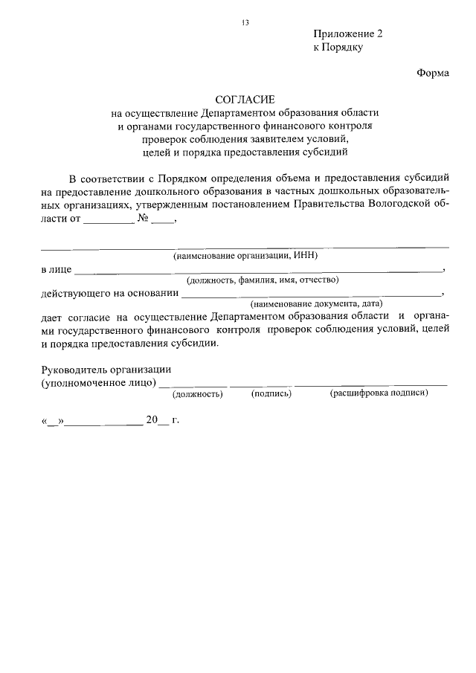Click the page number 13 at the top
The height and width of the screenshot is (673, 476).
point(244,22)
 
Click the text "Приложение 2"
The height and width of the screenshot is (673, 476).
point(348,34)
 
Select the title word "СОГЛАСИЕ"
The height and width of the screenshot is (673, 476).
point(245,99)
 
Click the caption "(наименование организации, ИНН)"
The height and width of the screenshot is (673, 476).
point(245,256)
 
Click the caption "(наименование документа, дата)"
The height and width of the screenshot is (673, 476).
point(316,304)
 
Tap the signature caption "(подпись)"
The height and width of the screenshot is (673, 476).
point(271,393)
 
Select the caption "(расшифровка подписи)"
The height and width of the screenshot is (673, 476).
point(379,393)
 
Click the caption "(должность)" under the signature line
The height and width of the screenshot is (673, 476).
point(198,393)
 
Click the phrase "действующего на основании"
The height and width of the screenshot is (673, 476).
point(104,293)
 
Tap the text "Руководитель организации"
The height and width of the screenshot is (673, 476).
point(106,369)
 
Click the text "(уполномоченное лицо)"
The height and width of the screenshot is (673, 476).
point(98,382)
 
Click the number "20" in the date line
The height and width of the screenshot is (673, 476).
point(152,420)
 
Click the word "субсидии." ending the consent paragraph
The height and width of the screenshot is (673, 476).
point(196,344)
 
